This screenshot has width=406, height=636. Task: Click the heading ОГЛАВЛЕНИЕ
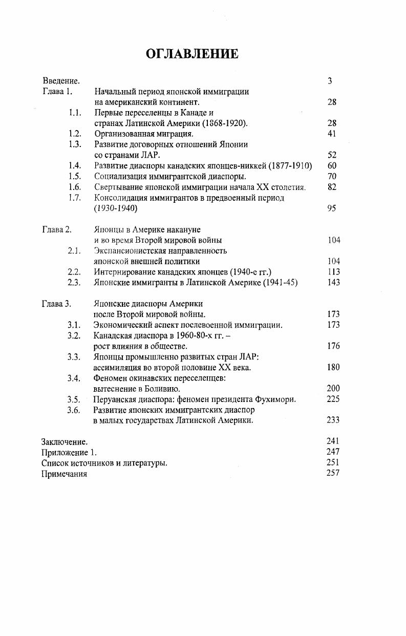192,54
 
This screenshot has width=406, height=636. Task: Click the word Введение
61,81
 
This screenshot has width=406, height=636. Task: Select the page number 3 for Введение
330,81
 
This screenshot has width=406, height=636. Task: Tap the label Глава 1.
57,92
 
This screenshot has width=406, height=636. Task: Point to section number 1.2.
75,134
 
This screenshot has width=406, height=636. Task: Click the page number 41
332,134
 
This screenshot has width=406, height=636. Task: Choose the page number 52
332,155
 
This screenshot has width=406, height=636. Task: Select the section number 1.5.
75,176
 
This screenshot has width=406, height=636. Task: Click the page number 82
332,187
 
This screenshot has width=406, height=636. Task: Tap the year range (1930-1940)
116,208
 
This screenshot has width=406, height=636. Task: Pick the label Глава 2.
56,229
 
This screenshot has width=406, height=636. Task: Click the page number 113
333,272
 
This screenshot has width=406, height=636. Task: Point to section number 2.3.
75,283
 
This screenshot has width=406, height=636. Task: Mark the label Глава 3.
56,304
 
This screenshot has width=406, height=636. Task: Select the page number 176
333,346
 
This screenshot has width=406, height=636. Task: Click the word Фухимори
276,399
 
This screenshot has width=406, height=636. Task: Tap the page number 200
333,389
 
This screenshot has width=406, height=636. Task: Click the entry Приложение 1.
69,452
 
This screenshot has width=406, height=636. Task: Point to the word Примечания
64,474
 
